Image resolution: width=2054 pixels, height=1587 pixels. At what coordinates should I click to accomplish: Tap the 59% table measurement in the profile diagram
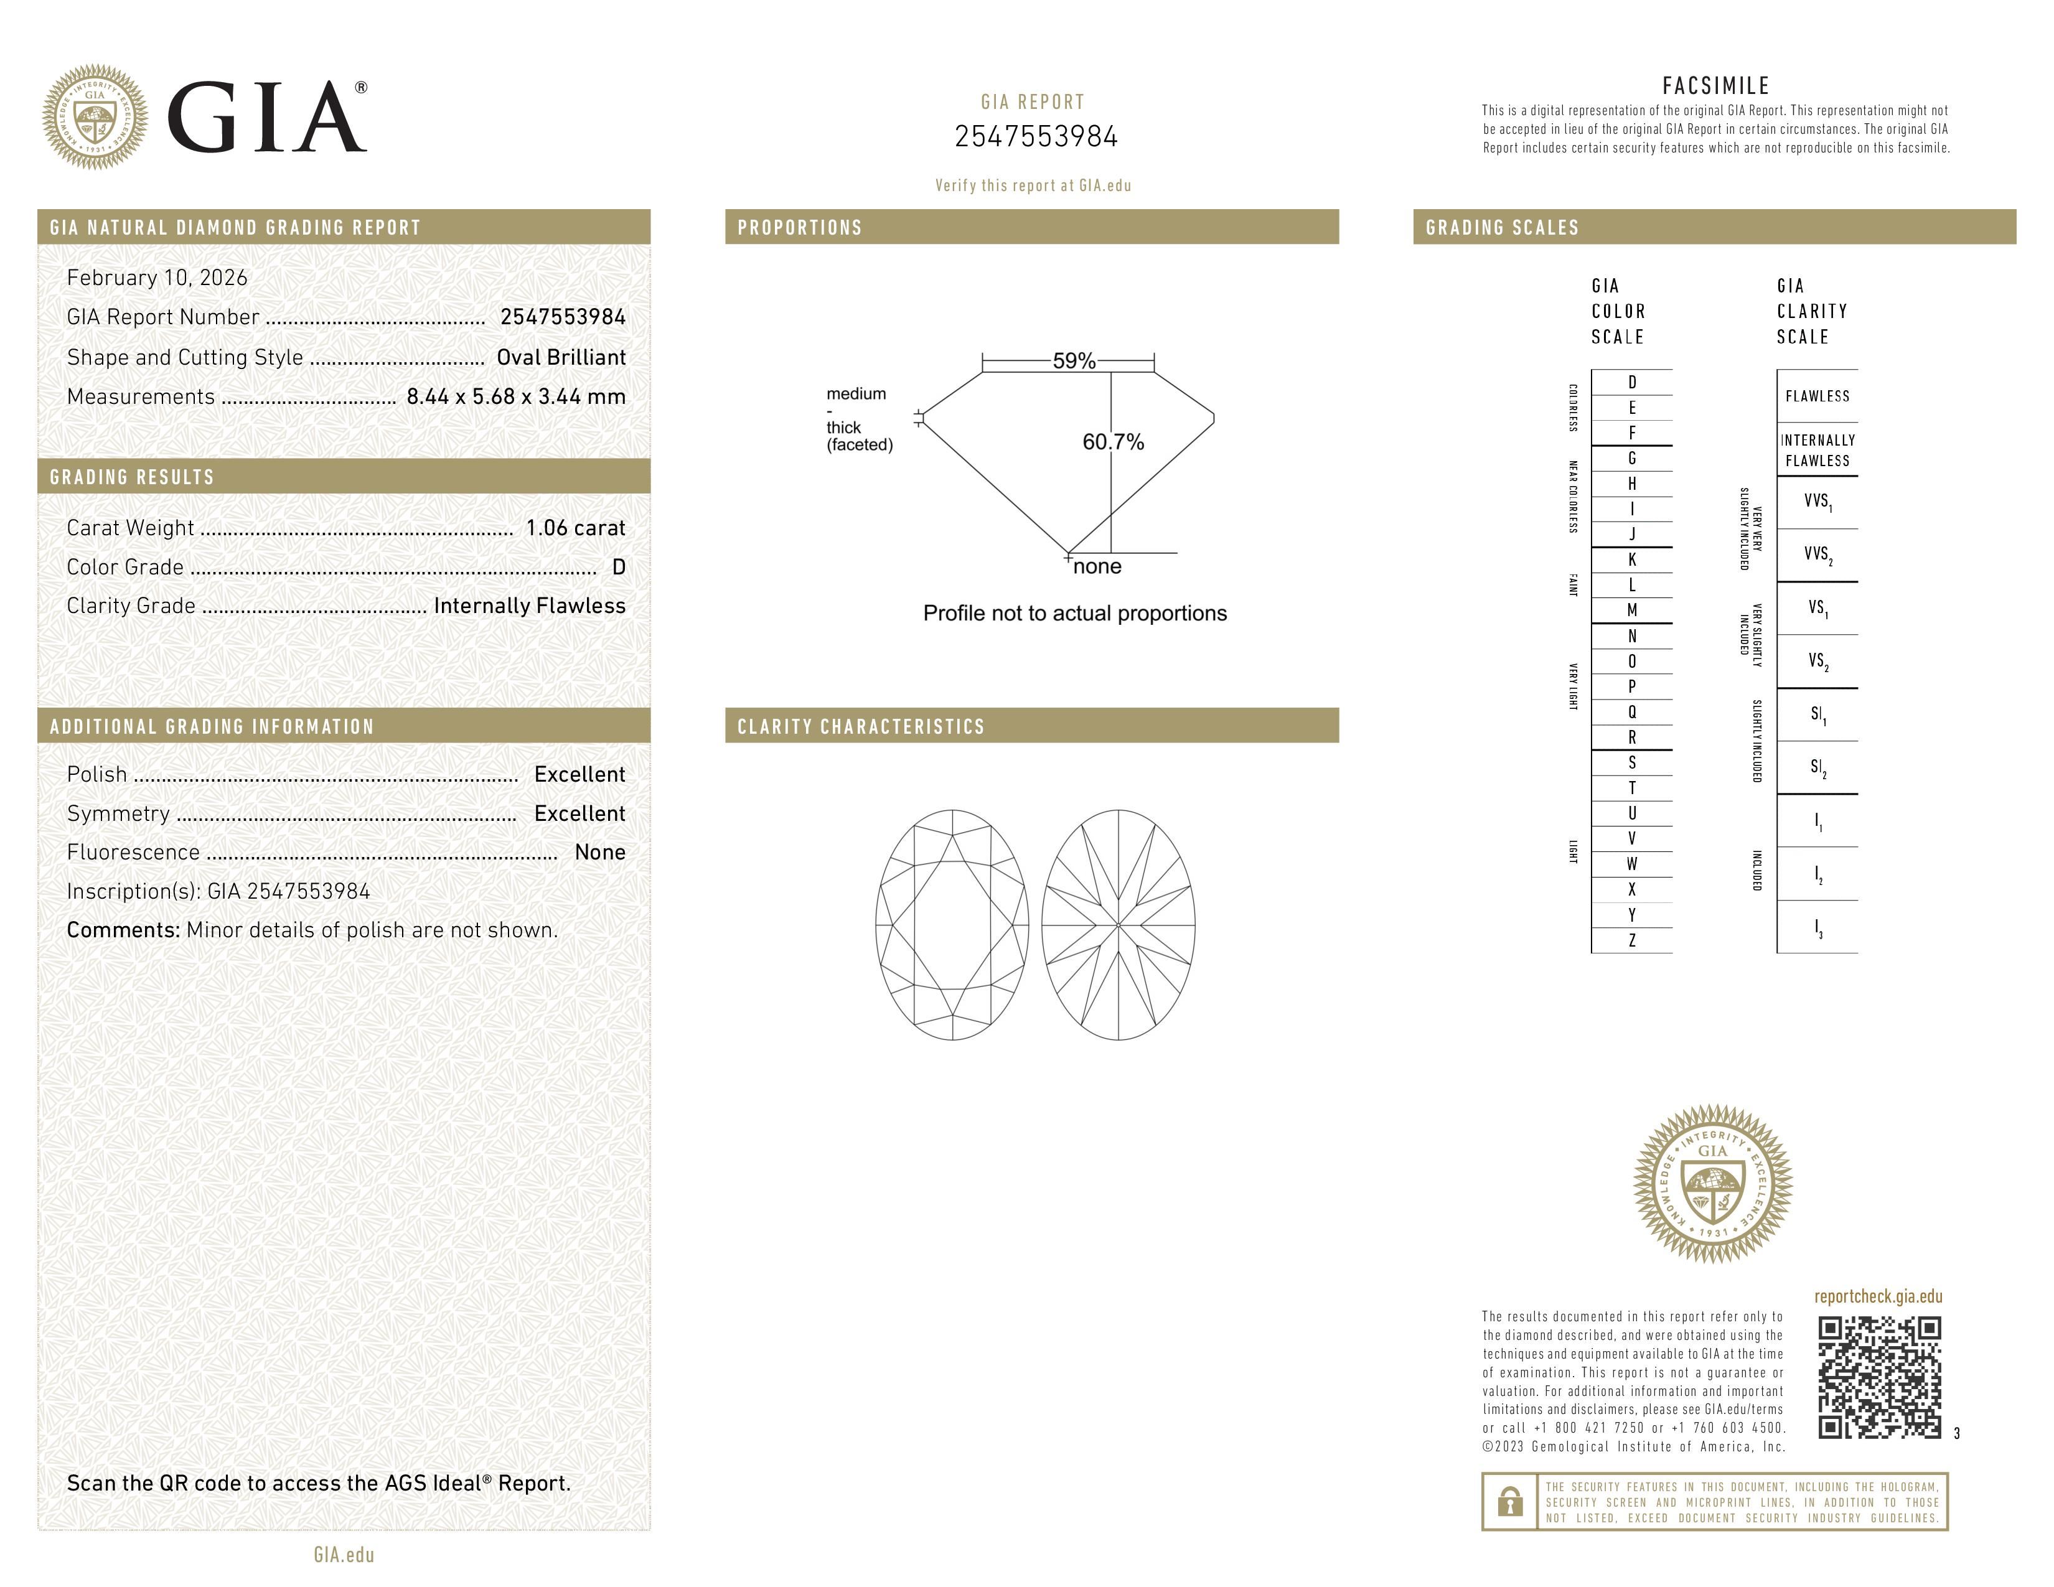coord(1073,361)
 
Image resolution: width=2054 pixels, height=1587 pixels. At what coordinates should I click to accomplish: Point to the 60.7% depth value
coord(1113,442)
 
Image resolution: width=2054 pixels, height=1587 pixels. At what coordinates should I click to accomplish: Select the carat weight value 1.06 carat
coord(574,528)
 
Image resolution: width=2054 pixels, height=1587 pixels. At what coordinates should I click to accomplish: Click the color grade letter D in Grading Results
coord(618,567)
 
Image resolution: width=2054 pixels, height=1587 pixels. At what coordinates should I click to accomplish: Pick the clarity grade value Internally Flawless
coord(530,606)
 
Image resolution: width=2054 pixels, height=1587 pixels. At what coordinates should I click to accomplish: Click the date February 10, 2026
coord(157,278)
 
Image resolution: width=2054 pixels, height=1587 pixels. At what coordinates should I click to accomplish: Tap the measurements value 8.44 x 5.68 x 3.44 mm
coord(515,397)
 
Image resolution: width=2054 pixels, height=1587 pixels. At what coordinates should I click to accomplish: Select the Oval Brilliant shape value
coord(561,357)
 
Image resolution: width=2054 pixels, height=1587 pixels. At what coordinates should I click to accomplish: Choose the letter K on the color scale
coord(1632,559)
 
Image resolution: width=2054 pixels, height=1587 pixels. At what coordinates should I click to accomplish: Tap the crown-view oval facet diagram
coord(952,925)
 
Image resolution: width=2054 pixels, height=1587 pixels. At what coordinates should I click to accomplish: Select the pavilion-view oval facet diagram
coord(1118,925)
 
